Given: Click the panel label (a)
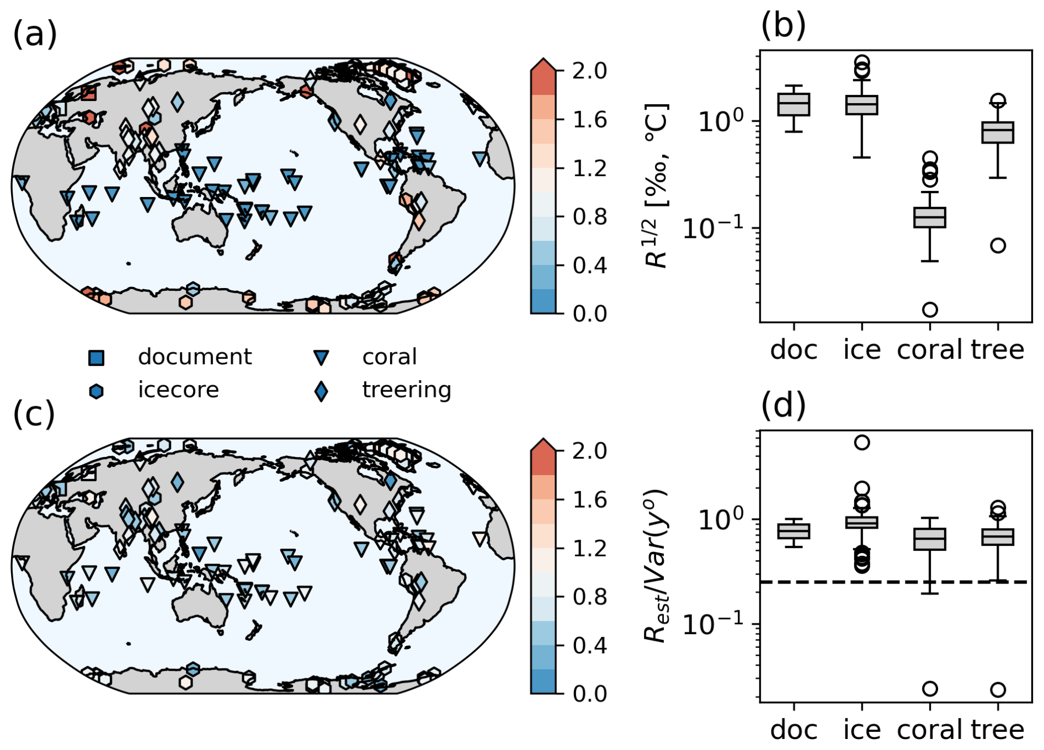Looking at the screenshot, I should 35,34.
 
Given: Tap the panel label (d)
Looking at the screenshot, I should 783,406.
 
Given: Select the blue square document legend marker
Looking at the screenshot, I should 97,358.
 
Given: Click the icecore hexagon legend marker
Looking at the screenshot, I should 97,391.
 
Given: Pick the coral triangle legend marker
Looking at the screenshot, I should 321,358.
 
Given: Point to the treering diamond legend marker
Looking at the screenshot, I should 321,391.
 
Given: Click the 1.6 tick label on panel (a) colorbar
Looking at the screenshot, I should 589,120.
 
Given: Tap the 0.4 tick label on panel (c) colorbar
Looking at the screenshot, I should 589,645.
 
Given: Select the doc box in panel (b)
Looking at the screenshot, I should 793,104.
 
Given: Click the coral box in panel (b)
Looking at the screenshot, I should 930,217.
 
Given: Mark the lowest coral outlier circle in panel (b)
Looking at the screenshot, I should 930,309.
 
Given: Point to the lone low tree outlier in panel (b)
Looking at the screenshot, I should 998,246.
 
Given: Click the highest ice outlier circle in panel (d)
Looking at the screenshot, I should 862,442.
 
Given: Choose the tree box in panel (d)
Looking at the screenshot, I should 998,537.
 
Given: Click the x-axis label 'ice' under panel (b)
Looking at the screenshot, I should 862,350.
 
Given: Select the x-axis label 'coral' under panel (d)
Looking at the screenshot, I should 930,730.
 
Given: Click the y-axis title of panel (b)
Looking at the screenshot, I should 657,185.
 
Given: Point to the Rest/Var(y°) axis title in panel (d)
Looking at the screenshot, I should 657,566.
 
